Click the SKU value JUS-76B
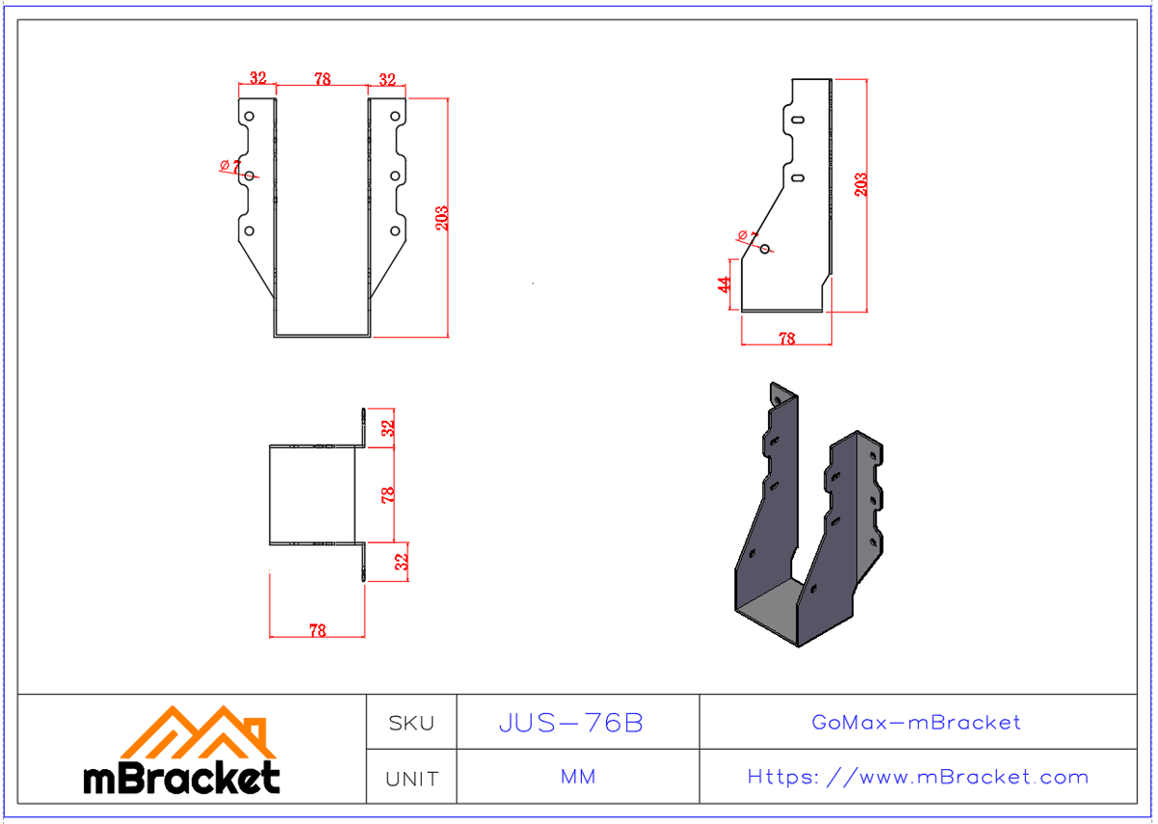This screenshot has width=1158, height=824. (x=570, y=723)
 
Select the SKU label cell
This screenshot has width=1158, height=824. (x=411, y=723)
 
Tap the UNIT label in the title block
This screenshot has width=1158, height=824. (x=411, y=778)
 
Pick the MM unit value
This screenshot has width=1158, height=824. (x=577, y=777)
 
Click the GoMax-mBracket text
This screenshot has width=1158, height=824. (x=916, y=722)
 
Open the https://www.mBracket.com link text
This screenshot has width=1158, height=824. (x=918, y=777)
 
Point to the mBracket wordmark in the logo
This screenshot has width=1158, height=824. (x=181, y=778)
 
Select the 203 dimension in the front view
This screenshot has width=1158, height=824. (x=442, y=217)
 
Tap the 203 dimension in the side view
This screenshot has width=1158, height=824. (x=861, y=183)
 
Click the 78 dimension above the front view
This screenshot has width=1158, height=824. (x=322, y=79)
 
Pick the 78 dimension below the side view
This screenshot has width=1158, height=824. (x=786, y=339)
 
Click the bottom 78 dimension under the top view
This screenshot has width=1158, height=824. (x=317, y=630)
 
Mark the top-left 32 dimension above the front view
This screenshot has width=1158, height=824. (x=258, y=79)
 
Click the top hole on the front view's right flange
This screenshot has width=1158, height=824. (x=395, y=117)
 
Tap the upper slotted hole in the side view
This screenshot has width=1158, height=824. (x=798, y=121)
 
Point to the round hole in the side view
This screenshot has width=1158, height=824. (x=765, y=249)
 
